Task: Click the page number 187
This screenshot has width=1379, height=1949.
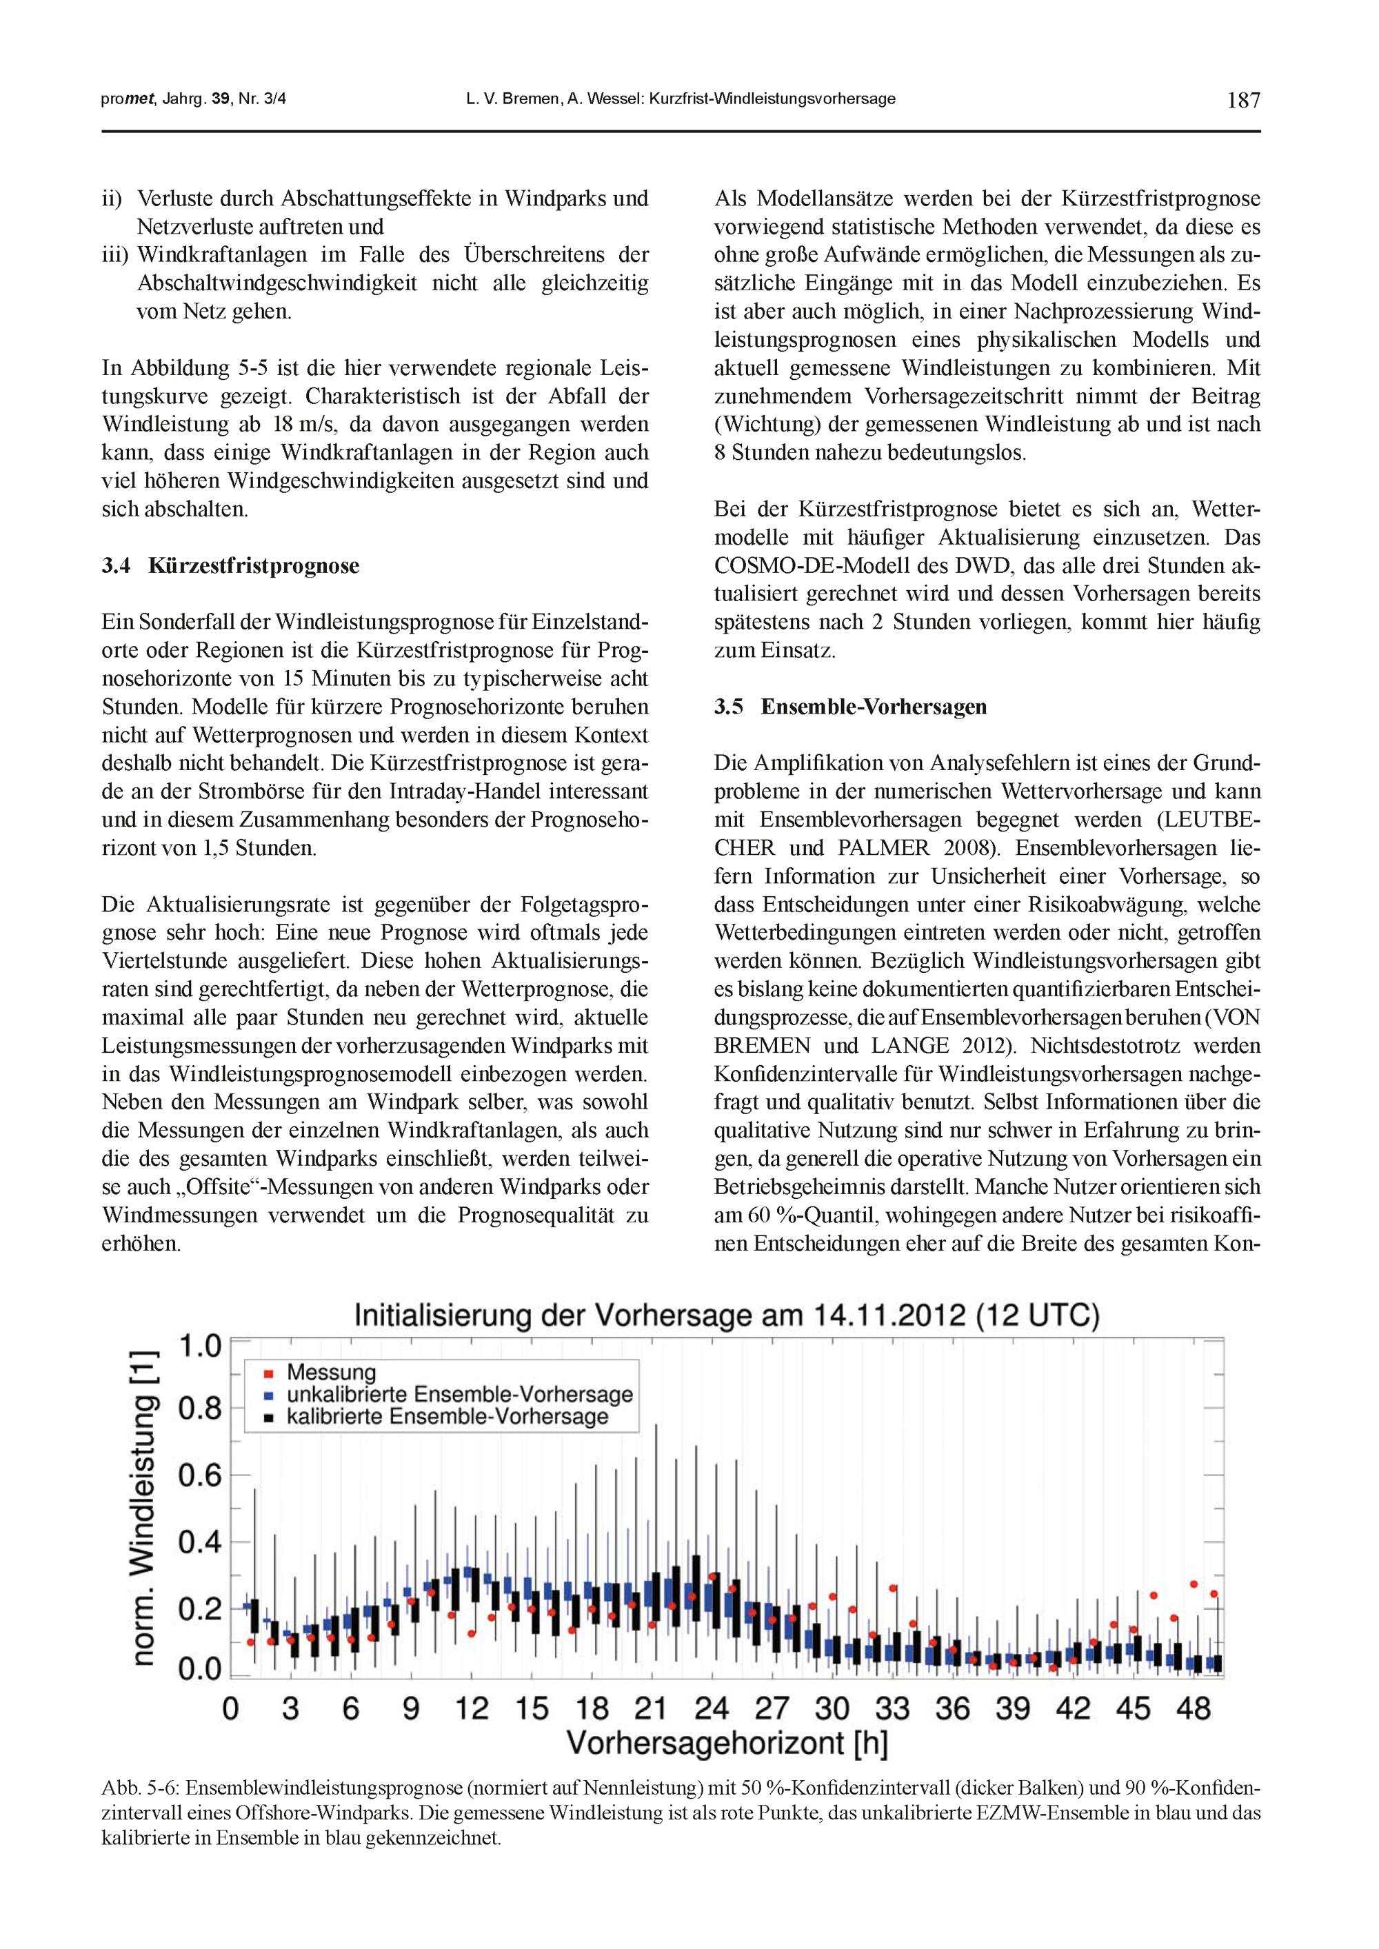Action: click(x=1243, y=100)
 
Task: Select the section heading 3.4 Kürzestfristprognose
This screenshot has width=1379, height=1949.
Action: click(x=230, y=565)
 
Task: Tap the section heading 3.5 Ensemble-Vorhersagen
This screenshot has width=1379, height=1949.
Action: click(x=850, y=707)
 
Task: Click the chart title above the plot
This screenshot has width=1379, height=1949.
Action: click(x=726, y=1315)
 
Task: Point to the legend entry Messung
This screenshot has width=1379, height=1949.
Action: click(x=331, y=1373)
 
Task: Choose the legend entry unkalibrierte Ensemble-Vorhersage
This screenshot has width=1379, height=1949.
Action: click(x=459, y=1395)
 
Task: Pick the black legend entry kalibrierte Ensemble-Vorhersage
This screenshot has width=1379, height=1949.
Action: click(x=447, y=1417)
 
